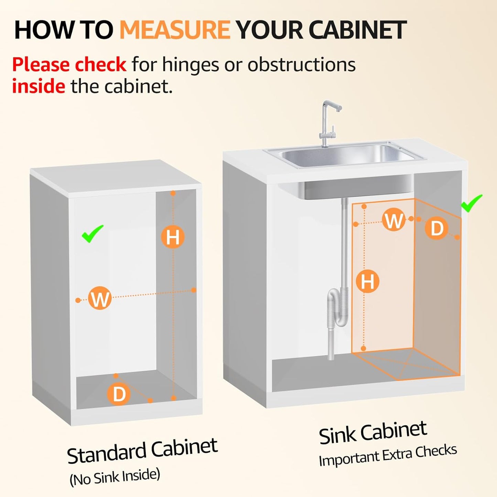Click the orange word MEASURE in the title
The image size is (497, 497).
[174, 30]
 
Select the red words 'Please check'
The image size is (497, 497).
[69, 65]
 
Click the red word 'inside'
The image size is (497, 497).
[39, 86]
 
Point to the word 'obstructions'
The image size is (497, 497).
[301, 65]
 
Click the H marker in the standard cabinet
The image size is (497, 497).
[173, 237]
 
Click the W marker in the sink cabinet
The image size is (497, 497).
[393, 220]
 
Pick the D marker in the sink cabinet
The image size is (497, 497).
[437, 228]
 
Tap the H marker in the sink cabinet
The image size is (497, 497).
[367, 281]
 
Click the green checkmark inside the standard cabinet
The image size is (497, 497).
[92, 234]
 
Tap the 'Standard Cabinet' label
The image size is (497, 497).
[142, 451]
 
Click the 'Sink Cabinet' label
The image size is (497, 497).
[373, 433]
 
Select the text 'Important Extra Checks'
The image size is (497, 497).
[388, 455]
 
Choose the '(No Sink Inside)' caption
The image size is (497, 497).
[115, 477]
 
